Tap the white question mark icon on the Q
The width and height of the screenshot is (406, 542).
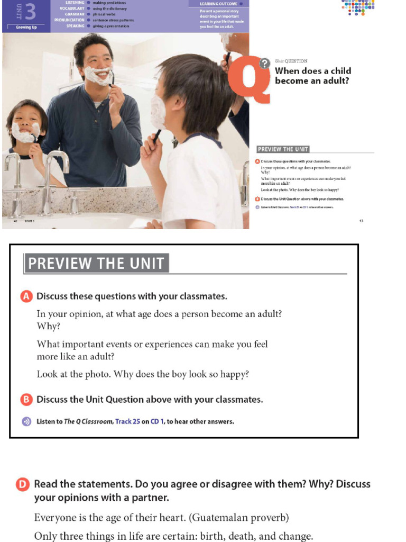point(264,64)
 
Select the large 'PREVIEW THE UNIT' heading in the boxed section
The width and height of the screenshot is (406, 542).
point(96,263)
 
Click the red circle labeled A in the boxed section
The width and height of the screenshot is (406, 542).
point(26,296)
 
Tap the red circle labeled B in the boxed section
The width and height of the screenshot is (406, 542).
point(26,400)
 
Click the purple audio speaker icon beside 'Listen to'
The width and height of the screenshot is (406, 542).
point(26,422)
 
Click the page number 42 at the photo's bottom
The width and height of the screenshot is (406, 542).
point(16,221)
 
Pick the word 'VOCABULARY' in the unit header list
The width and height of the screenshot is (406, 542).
point(72,9)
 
